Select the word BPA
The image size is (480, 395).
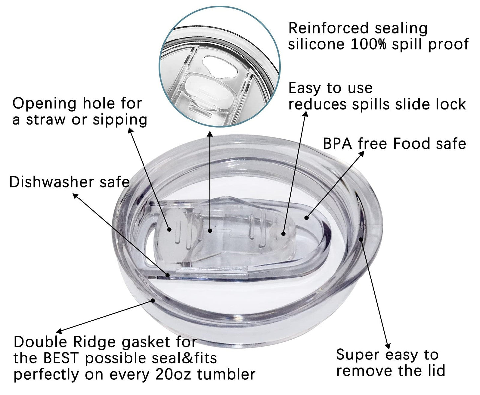pos(337,144)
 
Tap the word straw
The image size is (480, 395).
pos(46,119)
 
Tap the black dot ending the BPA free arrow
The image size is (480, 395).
pos(307,217)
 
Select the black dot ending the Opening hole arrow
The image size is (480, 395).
pos(169,229)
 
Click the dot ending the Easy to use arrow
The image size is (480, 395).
pos(283,233)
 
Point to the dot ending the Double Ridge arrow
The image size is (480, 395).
pos(153,300)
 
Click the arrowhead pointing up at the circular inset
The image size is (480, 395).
pos(209,134)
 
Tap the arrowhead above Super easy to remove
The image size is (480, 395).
pos(388,346)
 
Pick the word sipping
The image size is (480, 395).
pos(120,120)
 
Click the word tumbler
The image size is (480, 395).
pos(227,374)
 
